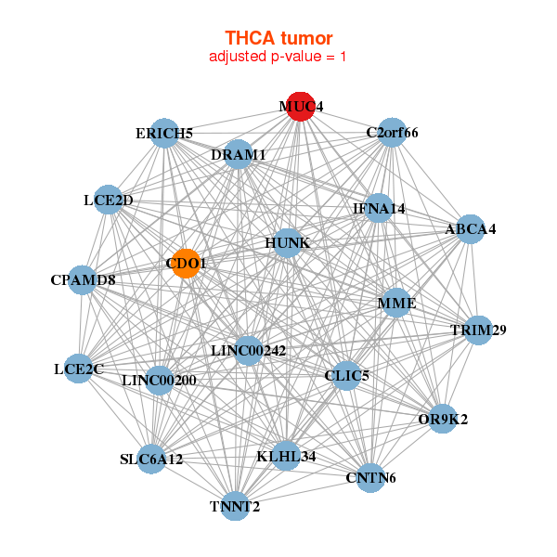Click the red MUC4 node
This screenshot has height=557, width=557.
(301, 107)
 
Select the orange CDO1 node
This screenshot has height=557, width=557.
(186, 264)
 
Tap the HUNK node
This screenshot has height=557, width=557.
(288, 243)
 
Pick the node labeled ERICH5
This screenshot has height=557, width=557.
(164, 133)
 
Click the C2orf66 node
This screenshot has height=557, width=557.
(392, 133)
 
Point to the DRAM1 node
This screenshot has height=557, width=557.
(239, 154)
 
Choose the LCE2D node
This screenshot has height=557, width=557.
(108, 200)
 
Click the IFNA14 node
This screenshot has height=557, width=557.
(379, 208)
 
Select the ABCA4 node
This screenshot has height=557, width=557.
(471, 229)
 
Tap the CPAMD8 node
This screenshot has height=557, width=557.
(83, 280)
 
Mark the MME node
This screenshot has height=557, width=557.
(396, 303)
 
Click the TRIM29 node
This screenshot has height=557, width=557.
(478, 330)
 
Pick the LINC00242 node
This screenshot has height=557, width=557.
(248, 351)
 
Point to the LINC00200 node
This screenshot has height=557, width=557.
(159, 381)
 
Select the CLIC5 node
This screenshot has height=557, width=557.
(346, 375)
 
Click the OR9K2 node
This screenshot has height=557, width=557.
(443, 419)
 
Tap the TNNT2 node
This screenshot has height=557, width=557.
(235, 506)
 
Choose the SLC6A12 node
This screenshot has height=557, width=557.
(151, 459)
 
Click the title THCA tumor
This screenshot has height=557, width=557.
(278, 38)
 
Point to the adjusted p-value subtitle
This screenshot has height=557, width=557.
(278, 57)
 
